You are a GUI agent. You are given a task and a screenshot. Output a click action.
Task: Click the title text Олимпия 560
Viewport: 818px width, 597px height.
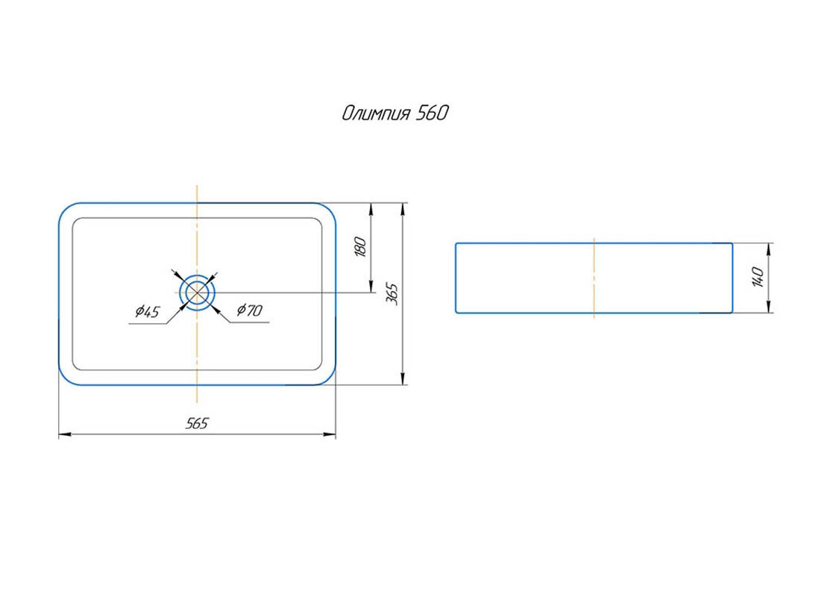(395, 113)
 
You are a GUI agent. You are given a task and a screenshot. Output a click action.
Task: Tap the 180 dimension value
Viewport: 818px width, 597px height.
(360, 246)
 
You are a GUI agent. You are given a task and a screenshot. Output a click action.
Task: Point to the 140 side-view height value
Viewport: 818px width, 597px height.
(758, 277)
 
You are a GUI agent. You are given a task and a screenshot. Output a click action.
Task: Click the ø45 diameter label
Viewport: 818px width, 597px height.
(148, 312)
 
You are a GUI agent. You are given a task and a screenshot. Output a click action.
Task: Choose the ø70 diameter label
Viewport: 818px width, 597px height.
(249, 310)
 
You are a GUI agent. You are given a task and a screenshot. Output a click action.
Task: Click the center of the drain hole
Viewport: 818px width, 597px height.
(197, 292)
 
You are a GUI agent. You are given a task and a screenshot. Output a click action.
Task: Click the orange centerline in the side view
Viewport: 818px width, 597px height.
(594, 278)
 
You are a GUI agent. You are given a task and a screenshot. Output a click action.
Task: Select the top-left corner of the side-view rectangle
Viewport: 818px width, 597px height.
(456, 244)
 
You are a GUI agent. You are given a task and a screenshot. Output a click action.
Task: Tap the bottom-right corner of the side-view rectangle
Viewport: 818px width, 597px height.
(732, 312)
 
